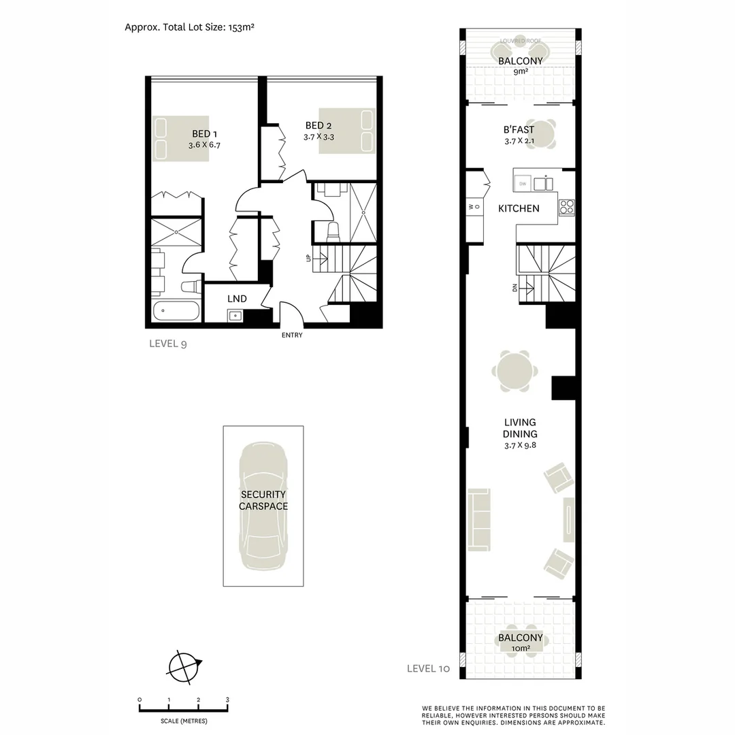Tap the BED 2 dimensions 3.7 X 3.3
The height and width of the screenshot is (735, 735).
pos(318,137)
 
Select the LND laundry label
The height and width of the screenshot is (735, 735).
pos(237,299)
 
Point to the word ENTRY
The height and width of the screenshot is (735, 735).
pos(291,335)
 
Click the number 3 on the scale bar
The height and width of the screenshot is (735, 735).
pos(227,700)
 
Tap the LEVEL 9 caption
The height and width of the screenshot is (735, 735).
pos(168,344)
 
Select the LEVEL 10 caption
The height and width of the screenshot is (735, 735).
pos(428,668)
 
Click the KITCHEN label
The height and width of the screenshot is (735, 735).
pos(519,208)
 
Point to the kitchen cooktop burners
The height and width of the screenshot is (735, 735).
pos(567,206)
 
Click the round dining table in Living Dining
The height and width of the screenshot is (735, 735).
pos(515,372)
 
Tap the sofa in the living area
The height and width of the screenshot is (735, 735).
pos(479,519)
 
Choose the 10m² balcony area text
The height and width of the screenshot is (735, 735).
pos(521,649)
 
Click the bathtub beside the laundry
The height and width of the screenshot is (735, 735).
pos(176,312)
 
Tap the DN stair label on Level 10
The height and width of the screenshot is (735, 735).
pos(515,287)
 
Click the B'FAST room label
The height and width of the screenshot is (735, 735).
pos(519,130)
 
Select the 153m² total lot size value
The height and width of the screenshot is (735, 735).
pos(238,27)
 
